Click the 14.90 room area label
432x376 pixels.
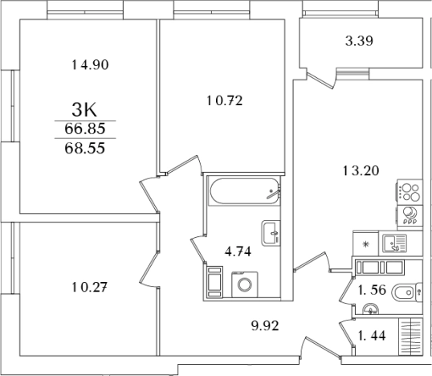90,65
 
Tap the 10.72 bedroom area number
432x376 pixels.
225,101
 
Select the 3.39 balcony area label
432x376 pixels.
359,41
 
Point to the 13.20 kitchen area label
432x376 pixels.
361,170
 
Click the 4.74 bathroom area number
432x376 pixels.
238,251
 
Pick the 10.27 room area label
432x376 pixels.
89,288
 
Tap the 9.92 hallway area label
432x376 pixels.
265,326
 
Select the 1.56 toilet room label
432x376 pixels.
372,290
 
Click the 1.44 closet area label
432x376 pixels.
372,336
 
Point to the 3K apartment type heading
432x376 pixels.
84,110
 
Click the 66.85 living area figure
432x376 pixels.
85,129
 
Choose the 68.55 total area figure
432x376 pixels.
85,148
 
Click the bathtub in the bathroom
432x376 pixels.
244,191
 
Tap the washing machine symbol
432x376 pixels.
245,284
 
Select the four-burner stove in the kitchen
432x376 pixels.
410,192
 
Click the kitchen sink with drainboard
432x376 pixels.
394,243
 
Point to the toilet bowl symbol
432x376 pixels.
406,292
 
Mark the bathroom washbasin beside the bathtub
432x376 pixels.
271,233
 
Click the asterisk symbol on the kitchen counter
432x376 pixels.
365,243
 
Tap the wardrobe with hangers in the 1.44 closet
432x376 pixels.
410,337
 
